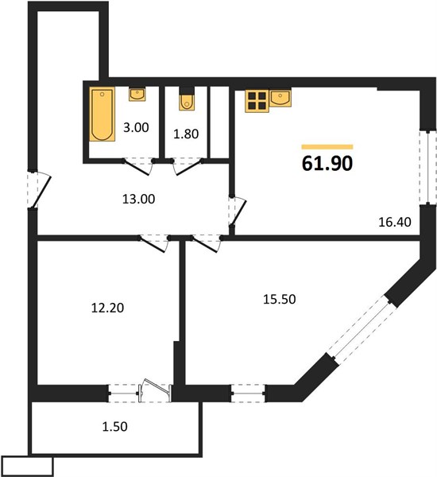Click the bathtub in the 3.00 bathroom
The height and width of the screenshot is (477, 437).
pos(102,114)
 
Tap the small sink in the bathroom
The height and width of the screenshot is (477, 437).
pos(137,94)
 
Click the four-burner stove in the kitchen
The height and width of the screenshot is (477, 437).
pos(257,101)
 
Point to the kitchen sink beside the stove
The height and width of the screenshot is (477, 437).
pos(280,98)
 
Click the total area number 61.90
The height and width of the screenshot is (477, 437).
pos(327,163)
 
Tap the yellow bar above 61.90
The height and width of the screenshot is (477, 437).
pos(327,147)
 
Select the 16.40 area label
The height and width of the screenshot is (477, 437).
pos(395,222)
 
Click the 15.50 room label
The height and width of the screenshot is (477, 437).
pos(279,300)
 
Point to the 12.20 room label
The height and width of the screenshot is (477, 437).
pos(107,308)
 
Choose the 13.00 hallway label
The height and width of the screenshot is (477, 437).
pos(139,199)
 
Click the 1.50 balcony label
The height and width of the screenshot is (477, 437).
pos(114,426)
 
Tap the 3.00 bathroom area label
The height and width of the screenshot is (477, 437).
pos(136,127)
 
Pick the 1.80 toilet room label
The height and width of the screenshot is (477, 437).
pos(186,134)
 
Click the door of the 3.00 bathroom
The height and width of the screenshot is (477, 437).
pos(138,166)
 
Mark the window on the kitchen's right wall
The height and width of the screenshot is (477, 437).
pos(427,167)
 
